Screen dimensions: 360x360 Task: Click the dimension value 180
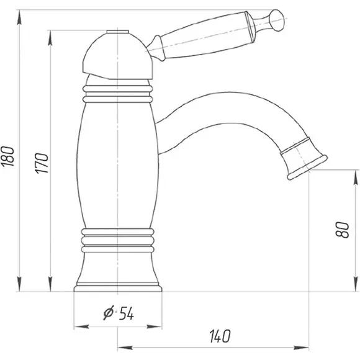pyautogui.click(x=7, y=156)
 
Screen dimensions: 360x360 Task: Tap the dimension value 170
pyautogui.click(x=42, y=163)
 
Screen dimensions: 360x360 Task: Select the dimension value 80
pyautogui.click(x=342, y=230)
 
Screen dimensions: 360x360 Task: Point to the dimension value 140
pyautogui.click(x=220, y=336)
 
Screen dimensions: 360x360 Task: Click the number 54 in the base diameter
pyautogui.click(x=126, y=313)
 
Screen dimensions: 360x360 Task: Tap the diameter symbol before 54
pyautogui.click(x=109, y=312)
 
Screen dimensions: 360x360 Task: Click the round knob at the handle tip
pyautogui.click(x=277, y=20)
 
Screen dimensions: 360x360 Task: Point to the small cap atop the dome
pyautogui.click(x=117, y=32)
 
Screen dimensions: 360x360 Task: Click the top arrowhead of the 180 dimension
pyautogui.click(x=19, y=17)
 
